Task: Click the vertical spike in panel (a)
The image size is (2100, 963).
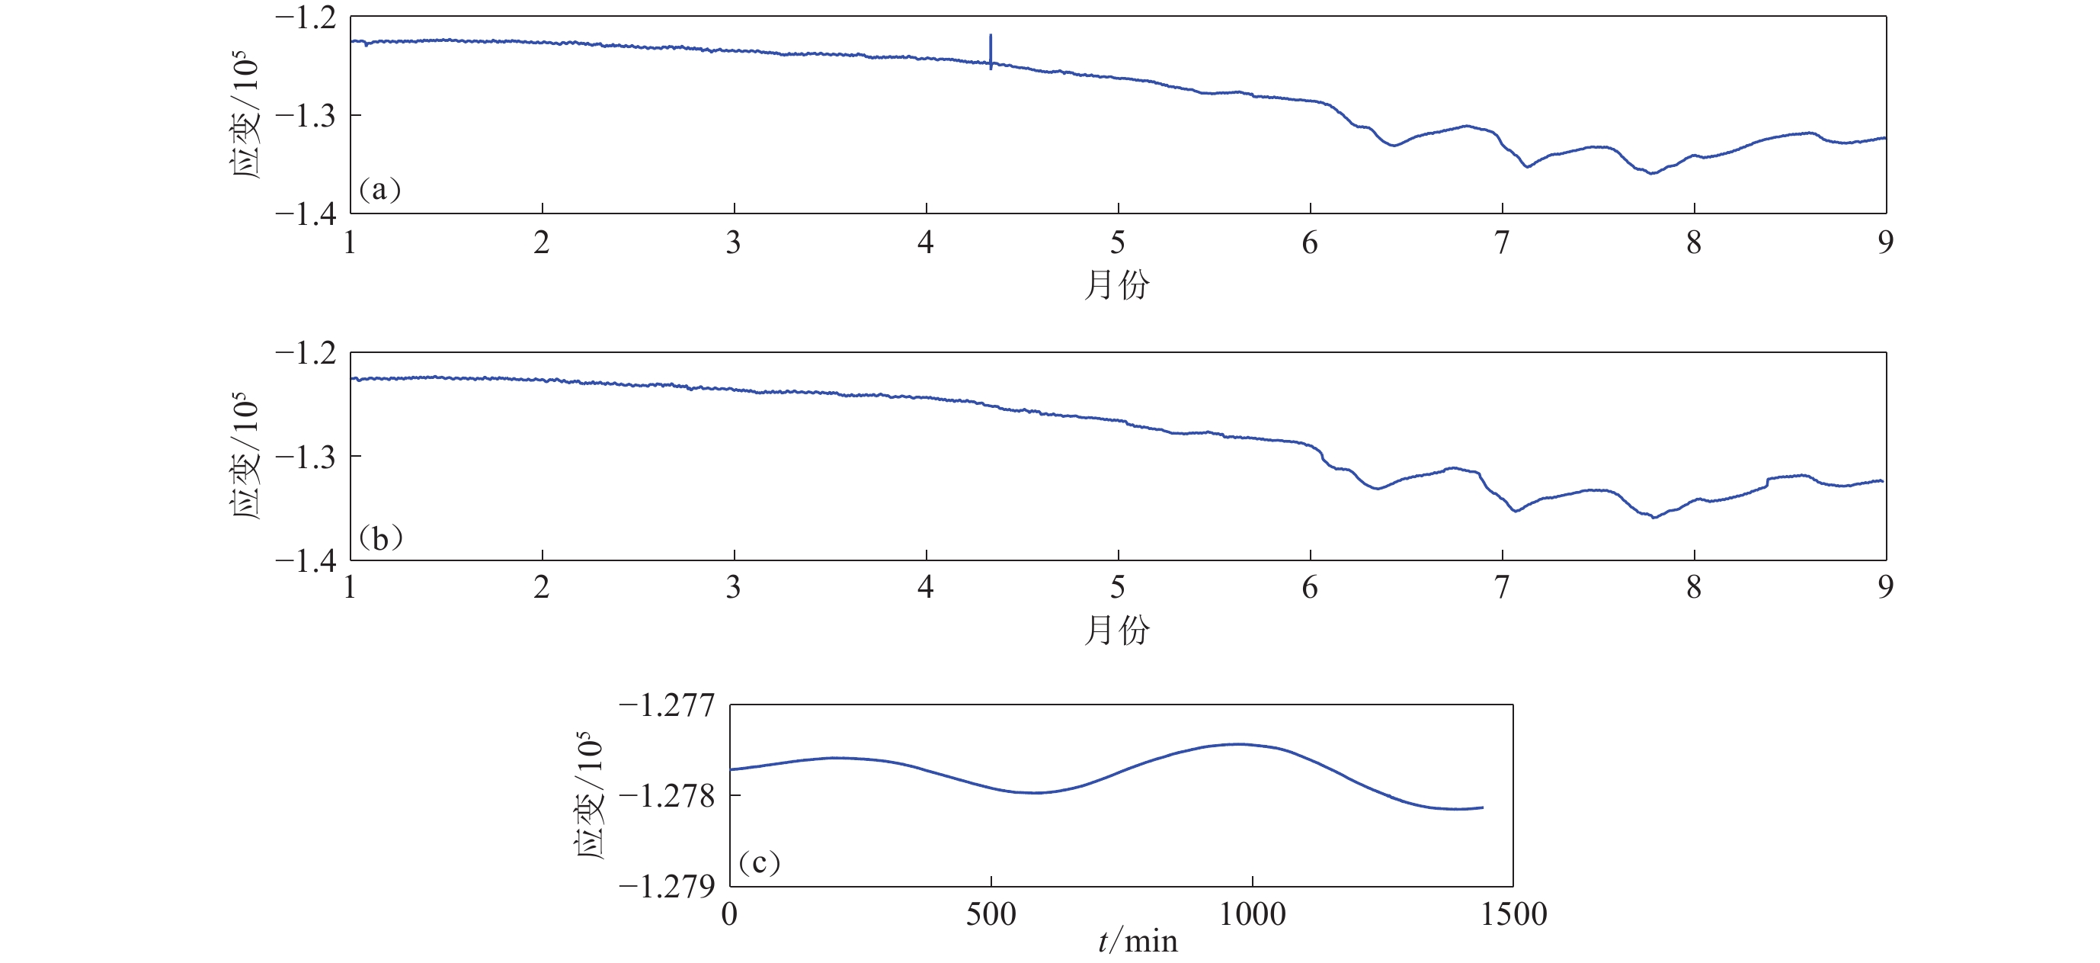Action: pos(991,50)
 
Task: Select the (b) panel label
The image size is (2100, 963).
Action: pos(380,538)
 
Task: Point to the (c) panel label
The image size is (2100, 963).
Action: pos(759,862)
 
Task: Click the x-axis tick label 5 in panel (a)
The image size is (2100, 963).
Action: pos(1118,243)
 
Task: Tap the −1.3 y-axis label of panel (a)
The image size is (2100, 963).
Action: pos(306,116)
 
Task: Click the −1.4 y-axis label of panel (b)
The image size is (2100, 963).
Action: pos(306,561)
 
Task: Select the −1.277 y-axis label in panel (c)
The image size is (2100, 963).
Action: pos(667,705)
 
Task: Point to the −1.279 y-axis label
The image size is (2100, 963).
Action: pos(667,886)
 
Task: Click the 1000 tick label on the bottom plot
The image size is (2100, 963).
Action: pos(1252,915)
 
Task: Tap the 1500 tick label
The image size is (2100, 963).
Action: pos(1514,915)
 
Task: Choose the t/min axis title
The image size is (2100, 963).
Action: pos(1137,942)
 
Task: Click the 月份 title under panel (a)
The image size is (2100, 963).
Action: pos(1117,284)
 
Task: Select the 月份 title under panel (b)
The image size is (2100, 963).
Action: pos(1117,631)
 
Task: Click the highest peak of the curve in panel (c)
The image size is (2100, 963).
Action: pos(1239,743)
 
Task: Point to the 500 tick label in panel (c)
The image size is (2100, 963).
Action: pos(991,915)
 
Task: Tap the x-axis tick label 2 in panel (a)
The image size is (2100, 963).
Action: pos(542,243)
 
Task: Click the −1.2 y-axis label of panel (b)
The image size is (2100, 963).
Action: pos(306,354)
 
